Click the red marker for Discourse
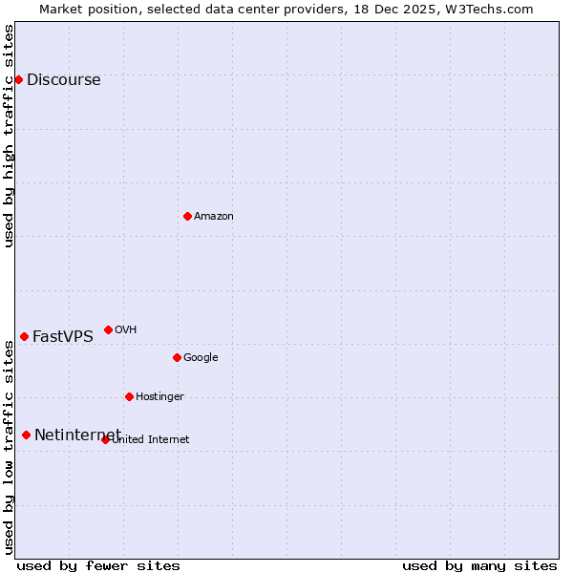tap(18, 79)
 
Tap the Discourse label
tap(63, 80)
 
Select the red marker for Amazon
tap(187, 216)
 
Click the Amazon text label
tap(213, 217)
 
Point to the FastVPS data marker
tap(24, 336)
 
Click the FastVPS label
tap(63, 336)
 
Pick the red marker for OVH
tap(108, 329)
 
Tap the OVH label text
tap(125, 330)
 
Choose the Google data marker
tap(177, 357)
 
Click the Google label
tap(201, 358)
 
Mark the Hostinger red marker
tap(129, 396)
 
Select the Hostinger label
tap(159, 397)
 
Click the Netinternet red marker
tap(26, 435)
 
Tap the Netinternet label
tap(77, 435)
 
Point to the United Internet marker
tap(105, 439)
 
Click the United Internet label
tap(150, 440)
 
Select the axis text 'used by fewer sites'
tap(98, 565)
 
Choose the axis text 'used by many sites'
tap(479, 565)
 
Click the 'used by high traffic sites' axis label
tap(10, 136)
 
